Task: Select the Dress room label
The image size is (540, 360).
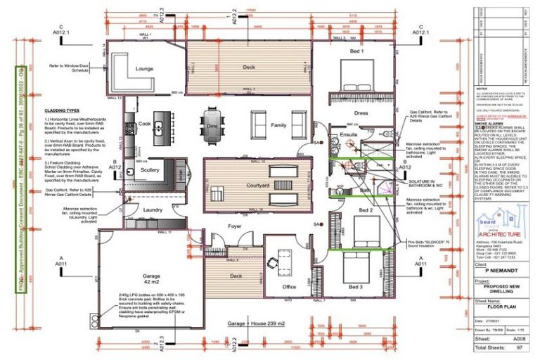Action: [x=361, y=112]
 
